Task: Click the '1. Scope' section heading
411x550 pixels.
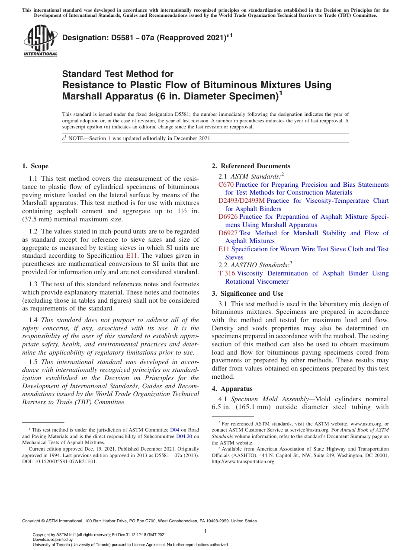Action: (35, 166)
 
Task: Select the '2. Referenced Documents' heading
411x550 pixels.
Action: (251, 166)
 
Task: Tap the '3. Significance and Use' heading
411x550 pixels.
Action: (247, 294)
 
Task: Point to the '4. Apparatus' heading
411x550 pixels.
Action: (232, 389)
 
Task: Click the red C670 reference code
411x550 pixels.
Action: (226, 185)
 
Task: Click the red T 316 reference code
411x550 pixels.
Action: (227, 273)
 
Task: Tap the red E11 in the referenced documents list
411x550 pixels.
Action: (224, 249)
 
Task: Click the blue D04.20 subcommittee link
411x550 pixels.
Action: (185, 436)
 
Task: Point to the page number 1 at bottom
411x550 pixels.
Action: (205, 531)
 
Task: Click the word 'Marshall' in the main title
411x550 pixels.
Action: (81, 95)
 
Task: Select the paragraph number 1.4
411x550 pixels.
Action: (34, 320)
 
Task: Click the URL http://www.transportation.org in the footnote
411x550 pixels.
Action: (243, 461)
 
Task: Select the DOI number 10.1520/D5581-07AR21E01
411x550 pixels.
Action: (65, 461)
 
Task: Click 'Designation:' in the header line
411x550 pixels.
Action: (83, 38)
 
